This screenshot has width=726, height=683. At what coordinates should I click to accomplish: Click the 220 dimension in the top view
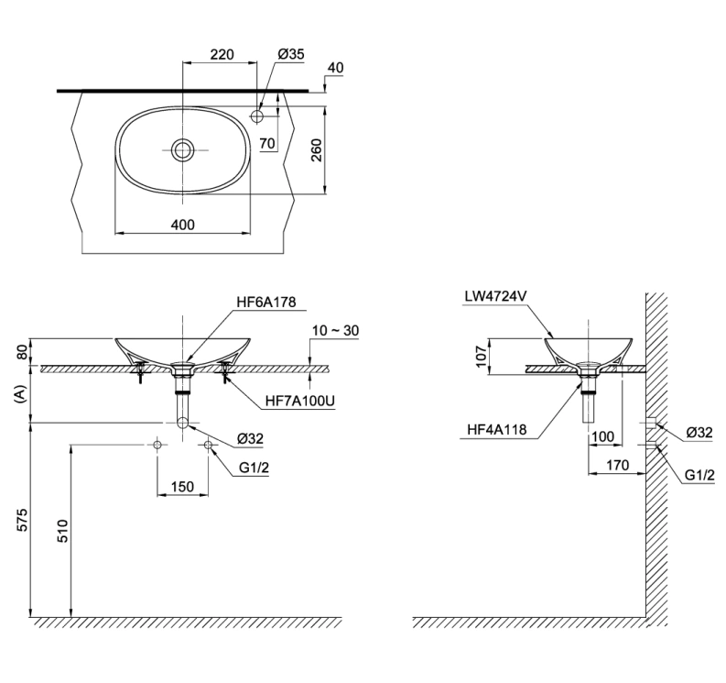pos(222,54)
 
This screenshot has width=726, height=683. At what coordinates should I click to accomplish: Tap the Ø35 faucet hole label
pos(290,54)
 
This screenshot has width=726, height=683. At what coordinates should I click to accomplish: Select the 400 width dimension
pos(182,225)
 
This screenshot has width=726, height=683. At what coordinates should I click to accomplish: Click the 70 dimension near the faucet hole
pos(266,143)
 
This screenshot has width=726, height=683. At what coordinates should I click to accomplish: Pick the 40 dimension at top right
pos(335,69)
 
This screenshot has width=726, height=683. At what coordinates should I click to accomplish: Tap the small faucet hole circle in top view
pos(257,116)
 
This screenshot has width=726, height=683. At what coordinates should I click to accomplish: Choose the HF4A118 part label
pos(495,428)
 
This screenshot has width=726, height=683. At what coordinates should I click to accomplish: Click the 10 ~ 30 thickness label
pos(334,329)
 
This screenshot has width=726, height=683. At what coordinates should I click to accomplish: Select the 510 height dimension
pos(60,529)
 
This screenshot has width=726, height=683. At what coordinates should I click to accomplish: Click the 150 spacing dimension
pos(182,487)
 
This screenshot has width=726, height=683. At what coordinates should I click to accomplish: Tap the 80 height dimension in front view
pos(19,352)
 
